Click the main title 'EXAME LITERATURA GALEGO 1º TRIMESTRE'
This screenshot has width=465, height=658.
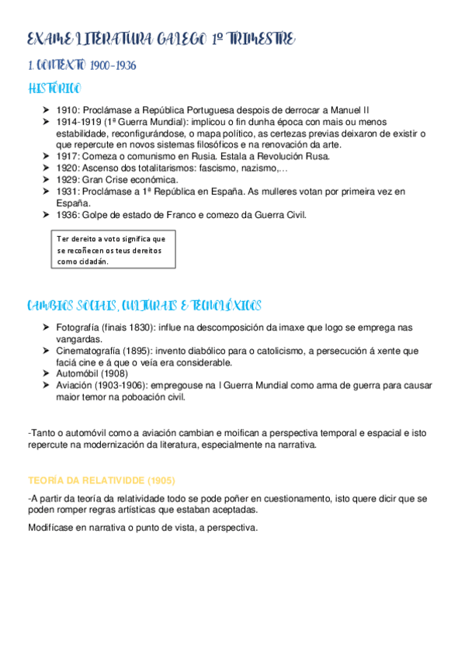pos(161,40)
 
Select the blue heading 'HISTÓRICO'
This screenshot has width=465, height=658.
pos(54,89)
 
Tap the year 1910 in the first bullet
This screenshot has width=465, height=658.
pos(67,111)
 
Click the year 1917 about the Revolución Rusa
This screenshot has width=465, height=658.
pos(67,156)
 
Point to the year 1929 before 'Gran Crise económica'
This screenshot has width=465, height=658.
pos(67,179)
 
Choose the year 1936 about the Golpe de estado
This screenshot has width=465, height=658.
pos(67,214)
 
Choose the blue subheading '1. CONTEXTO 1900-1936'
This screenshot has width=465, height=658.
pos(82,66)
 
